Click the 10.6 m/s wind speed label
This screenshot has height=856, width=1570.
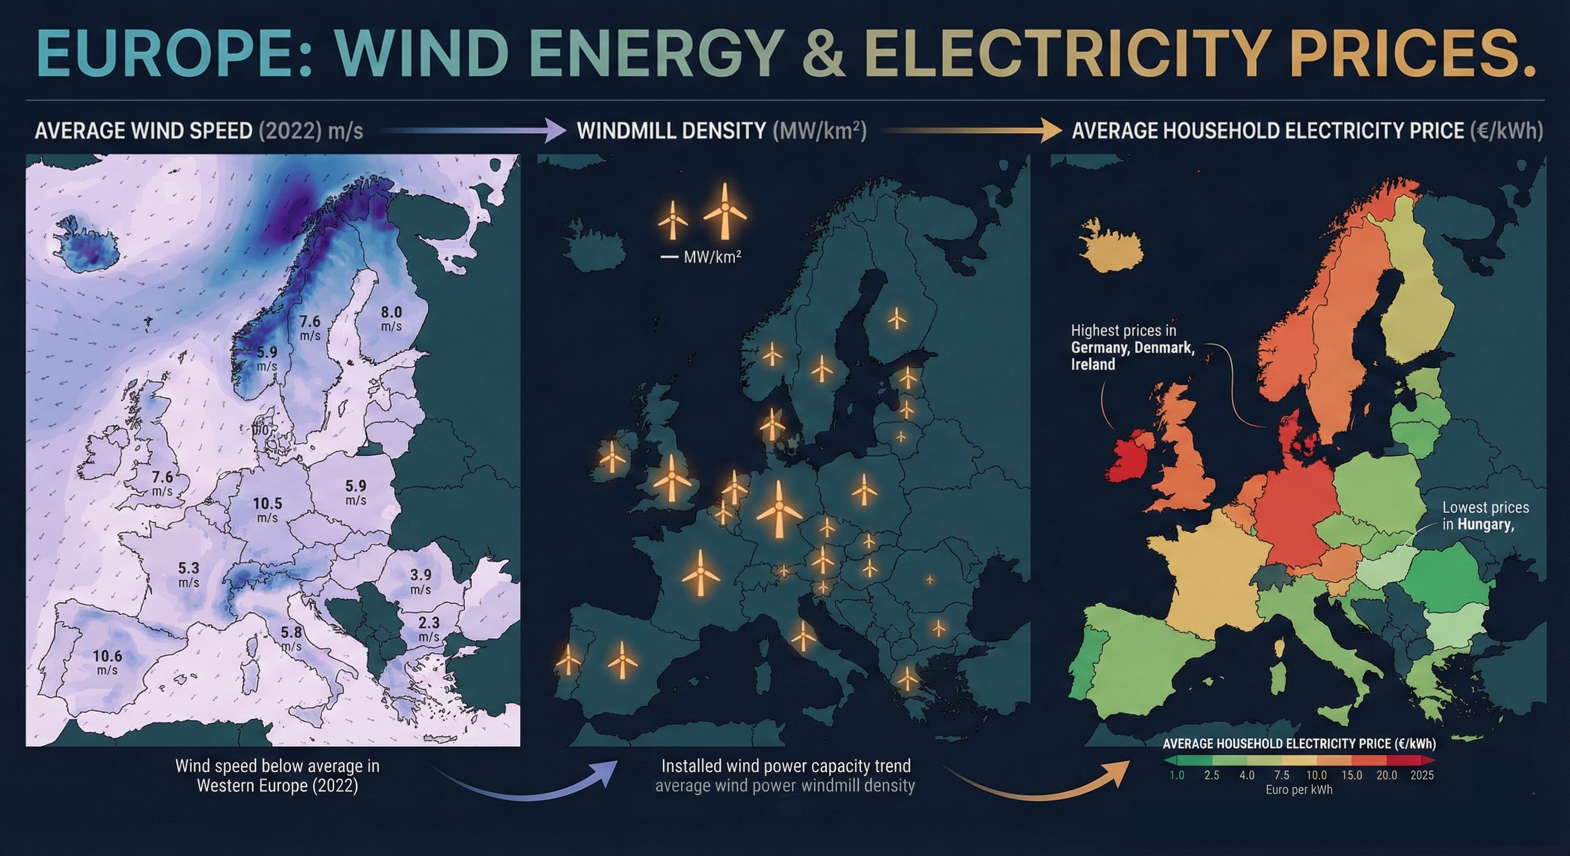(x=107, y=661)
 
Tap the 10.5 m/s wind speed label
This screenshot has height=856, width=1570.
(x=268, y=509)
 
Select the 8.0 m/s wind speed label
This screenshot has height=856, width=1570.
(x=391, y=318)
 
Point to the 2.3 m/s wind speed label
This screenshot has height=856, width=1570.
(x=429, y=628)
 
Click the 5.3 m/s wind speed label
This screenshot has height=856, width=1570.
(x=189, y=574)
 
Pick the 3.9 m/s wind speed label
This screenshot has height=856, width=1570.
(x=420, y=581)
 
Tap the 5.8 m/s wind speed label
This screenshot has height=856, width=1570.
(x=292, y=638)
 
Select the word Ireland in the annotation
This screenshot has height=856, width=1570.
(x=1093, y=364)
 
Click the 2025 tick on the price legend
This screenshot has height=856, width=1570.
(x=1422, y=775)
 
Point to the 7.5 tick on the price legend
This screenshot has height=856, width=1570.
(x=1282, y=775)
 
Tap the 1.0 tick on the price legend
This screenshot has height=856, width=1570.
(x=1176, y=775)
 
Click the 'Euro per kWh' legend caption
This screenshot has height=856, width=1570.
(x=1299, y=790)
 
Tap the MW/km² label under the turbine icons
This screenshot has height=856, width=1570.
(x=712, y=257)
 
